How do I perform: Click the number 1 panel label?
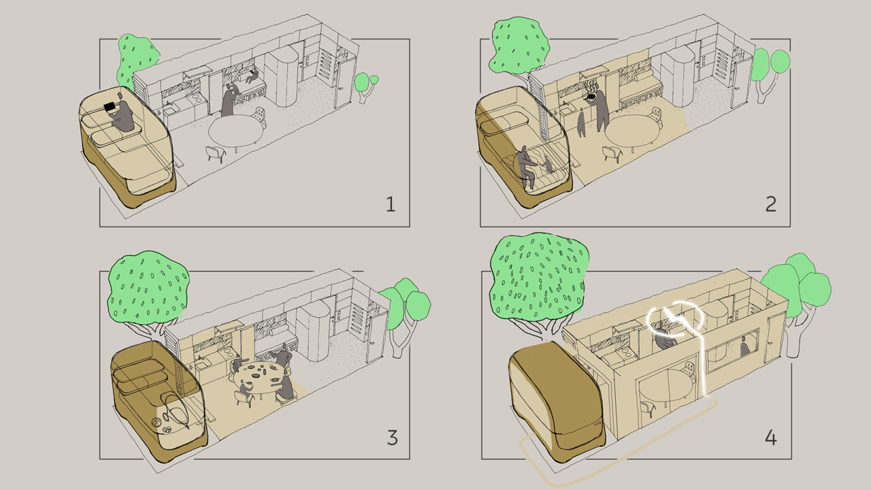[391, 204]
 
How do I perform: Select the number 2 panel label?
[770, 204]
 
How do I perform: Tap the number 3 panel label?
[392, 437]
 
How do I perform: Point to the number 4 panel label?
[770, 437]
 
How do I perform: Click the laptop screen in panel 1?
[109, 108]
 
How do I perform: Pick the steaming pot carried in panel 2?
[593, 95]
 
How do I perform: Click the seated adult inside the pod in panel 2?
[524, 167]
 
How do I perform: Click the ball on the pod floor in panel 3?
[158, 423]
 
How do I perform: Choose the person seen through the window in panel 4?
[744, 347]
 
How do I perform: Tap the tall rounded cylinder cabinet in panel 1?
[281, 78]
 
